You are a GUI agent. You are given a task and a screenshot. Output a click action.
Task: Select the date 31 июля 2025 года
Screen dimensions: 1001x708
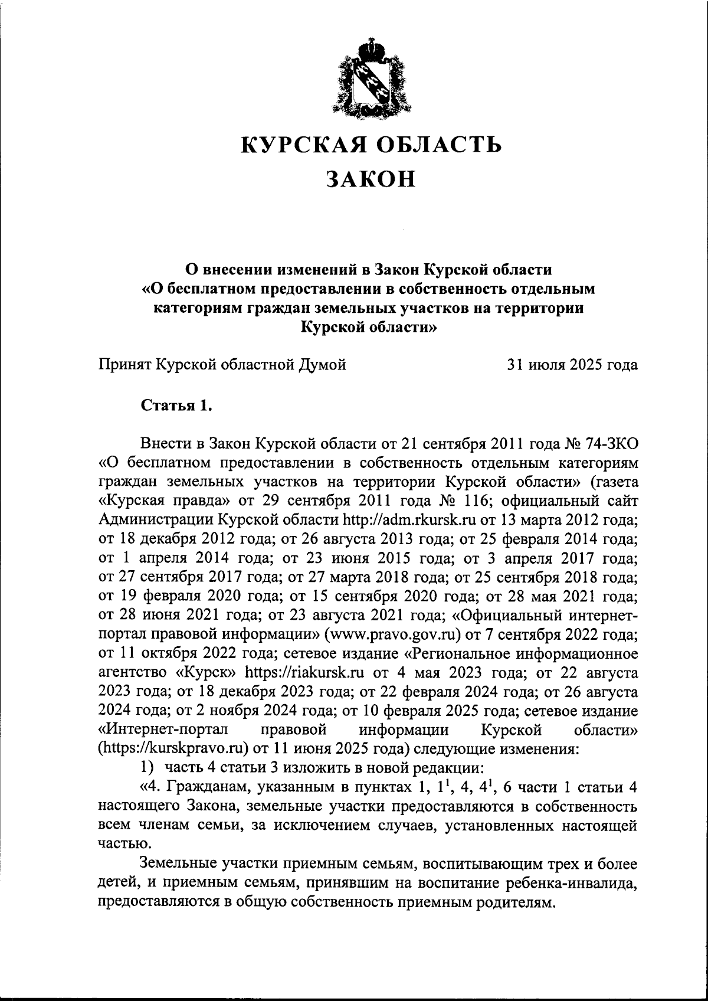pyautogui.click(x=572, y=365)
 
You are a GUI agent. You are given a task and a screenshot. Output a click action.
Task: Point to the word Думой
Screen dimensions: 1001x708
pyautogui.click(x=320, y=365)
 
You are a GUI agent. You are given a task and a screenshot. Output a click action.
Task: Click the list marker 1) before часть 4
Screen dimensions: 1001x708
pyautogui.click(x=147, y=768)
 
